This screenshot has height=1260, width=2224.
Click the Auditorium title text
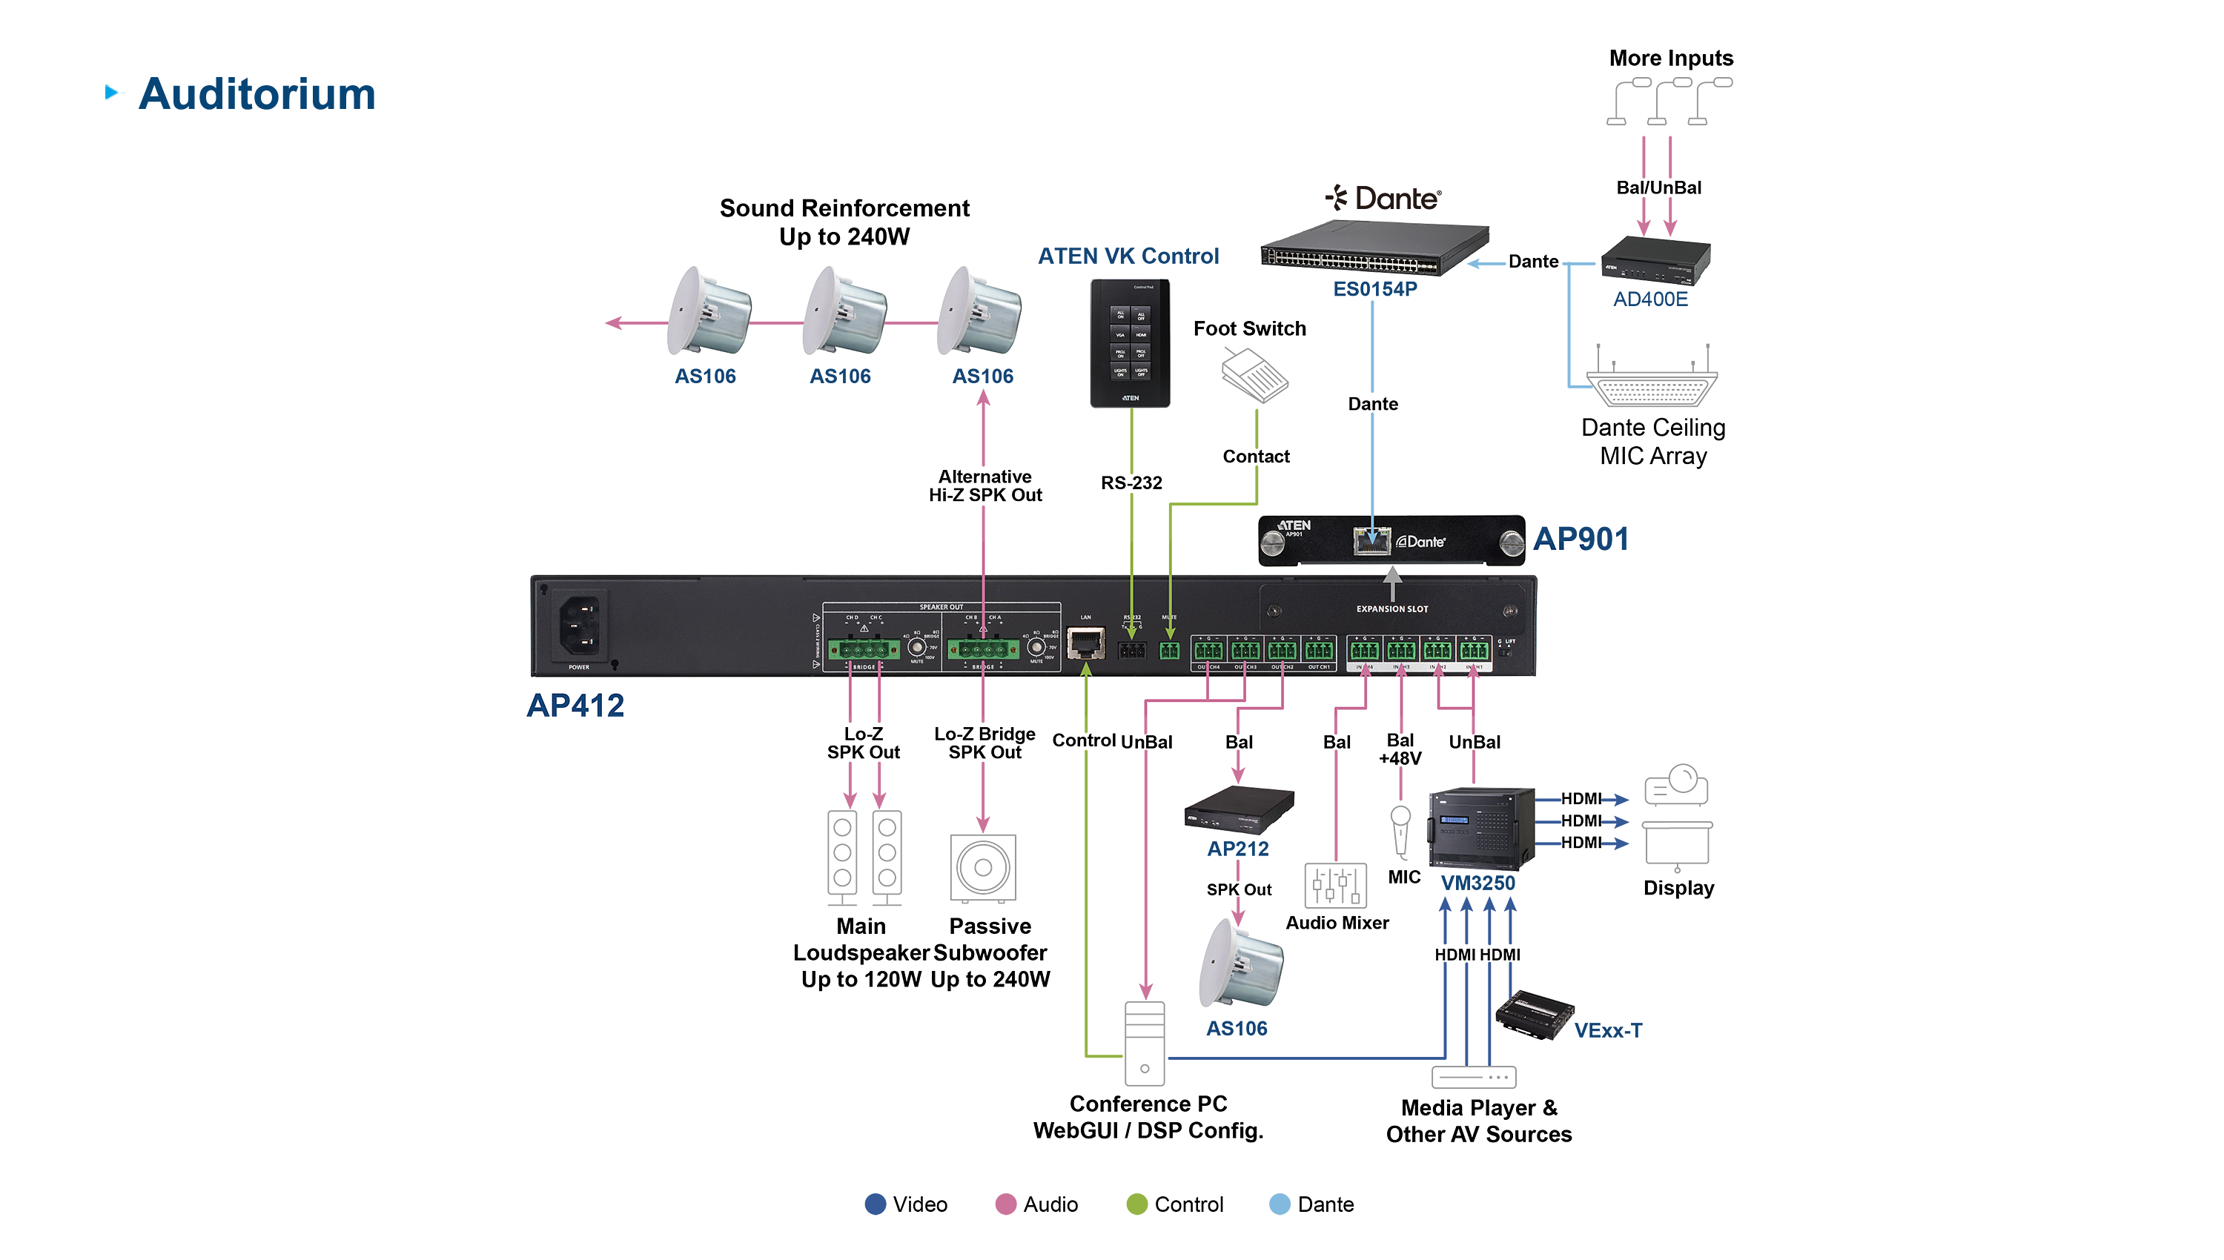coord(257,94)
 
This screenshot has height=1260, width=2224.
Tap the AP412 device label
coord(575,706)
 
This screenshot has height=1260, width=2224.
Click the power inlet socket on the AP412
coord(579,625)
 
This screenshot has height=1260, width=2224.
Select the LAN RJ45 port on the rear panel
coord(1085,644)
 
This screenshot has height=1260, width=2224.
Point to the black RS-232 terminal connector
coord(1131,650)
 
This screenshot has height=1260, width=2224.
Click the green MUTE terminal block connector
coord(1169,650)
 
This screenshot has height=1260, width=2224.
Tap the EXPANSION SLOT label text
coord(1391,609)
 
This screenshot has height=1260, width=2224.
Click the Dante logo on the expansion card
coord(1421,542)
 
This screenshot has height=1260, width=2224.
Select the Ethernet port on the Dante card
coord(1371,540)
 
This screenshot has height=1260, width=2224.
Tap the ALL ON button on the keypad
coord(1121,314)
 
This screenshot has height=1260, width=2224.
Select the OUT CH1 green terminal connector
coord(1319,650)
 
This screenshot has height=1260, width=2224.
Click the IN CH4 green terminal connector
coord(1365,650)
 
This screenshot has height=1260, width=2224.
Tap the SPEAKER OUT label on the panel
coord(941,608)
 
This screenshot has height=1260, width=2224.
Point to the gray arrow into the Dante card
coord(1392,583)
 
